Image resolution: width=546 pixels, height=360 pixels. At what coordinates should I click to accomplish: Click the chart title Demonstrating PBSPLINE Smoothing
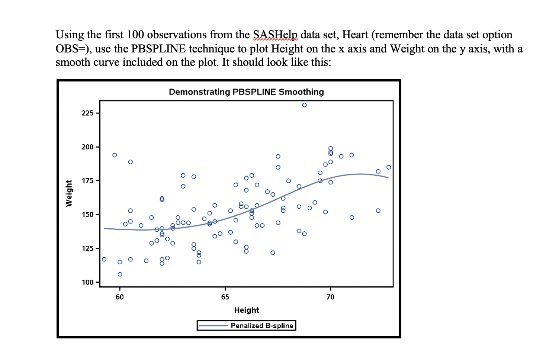point(246,92)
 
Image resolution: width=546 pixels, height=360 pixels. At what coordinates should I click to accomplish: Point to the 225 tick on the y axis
point(87,113)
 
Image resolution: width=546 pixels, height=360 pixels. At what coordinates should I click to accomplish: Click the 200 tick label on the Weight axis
point(87,147)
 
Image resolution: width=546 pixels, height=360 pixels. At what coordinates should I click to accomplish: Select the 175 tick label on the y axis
point(87,181)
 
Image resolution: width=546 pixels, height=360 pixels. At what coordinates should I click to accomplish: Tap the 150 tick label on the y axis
point(87,215)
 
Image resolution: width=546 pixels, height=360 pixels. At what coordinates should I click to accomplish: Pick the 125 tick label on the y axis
point(87,248)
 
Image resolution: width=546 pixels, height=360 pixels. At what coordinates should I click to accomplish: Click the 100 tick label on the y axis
point(87,282)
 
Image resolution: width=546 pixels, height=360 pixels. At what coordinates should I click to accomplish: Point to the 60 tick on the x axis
point(120,297)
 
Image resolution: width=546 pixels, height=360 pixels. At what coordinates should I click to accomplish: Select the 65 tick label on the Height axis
point(225,297)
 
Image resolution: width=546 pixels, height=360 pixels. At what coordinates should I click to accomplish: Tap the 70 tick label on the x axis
point(330,297)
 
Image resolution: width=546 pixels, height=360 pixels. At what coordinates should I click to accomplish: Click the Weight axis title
point(69,193)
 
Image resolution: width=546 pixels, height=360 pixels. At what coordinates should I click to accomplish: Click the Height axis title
point(246,310)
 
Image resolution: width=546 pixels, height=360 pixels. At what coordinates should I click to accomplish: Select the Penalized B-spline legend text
point(262,326)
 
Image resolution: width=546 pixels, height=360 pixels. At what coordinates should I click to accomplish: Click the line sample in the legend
point(213,326)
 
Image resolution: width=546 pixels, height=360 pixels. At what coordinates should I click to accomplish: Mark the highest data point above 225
point(304,105)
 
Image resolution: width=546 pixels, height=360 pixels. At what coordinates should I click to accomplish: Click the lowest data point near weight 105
point(120,274)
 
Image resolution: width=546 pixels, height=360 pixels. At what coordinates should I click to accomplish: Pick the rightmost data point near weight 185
point(389,167)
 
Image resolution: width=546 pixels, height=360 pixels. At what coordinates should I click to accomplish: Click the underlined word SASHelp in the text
point(275,35)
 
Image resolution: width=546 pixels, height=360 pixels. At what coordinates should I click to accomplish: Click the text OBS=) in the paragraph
point(72,49)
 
